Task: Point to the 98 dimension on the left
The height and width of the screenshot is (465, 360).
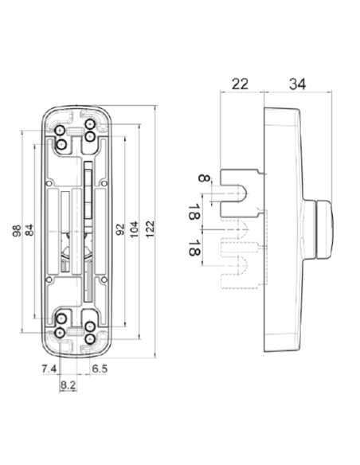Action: (15, 232)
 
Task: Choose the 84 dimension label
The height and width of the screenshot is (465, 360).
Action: (29, 232)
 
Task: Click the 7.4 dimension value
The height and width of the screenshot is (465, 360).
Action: (48, 369)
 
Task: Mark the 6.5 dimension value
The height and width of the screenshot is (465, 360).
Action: (100, 369)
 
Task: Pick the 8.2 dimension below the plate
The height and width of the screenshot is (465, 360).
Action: (68, 385)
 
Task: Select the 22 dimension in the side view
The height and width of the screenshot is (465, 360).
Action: (240, 84)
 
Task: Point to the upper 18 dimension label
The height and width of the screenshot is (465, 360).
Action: (193, 211)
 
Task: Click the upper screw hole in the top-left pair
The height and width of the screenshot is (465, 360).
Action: (61, 129)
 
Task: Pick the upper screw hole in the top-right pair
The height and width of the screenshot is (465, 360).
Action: (91, 127)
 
